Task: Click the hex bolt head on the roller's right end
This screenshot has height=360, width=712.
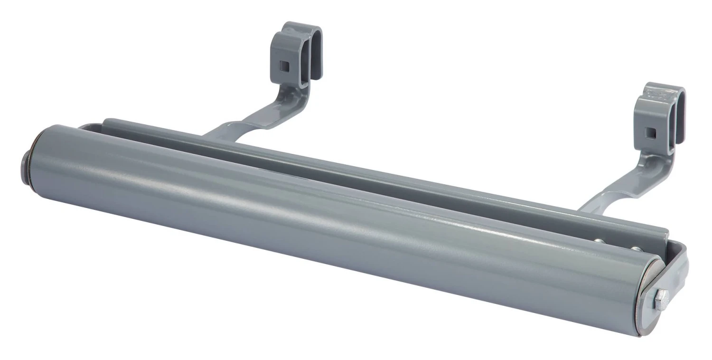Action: coord(660,301)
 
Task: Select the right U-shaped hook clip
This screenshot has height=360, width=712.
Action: coord(660,116)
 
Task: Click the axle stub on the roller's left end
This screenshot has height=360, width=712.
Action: coord(25,164)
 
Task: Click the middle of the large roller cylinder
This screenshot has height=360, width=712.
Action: coord(332,223)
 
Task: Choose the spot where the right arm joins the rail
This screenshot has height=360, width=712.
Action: coord(586,209)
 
